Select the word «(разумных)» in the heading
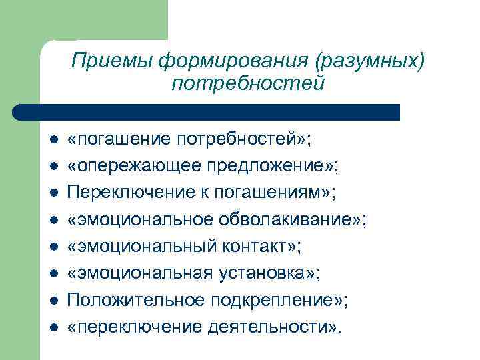pos(369,61)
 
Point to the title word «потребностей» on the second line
pos(247,84)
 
